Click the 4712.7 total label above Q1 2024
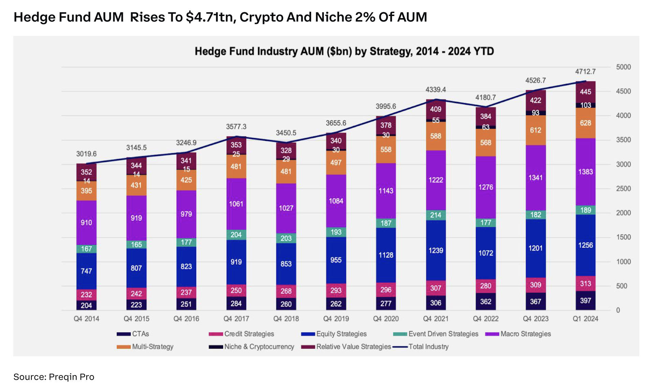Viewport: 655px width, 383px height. tap(585, 72)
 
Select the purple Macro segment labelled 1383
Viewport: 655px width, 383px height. tap(585, 172)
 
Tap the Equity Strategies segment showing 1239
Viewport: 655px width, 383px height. tap(436, 250)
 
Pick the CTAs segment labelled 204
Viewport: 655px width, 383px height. tap(86, 305)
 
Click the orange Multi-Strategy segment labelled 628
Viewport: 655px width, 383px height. tap(585, 123)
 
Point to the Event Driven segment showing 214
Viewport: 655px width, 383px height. tap(436, 215)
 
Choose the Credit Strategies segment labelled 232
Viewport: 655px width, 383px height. tap(86, 294)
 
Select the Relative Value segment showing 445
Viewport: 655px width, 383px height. tap(585, 92)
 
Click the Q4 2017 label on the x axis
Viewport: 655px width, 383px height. tap(236, 319)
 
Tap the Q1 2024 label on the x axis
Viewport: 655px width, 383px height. tap(585, 319)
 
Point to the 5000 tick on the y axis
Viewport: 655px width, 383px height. tap(623, 67)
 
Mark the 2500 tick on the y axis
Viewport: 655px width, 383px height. tap(623, 188)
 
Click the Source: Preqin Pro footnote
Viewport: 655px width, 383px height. tap(54, 377)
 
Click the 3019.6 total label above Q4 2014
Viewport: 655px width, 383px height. tap(86, 154)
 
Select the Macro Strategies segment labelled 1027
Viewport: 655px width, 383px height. tap(286, 208)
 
